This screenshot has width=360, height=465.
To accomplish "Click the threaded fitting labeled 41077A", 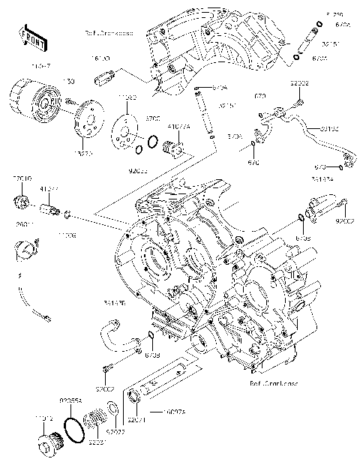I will point(177,147).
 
